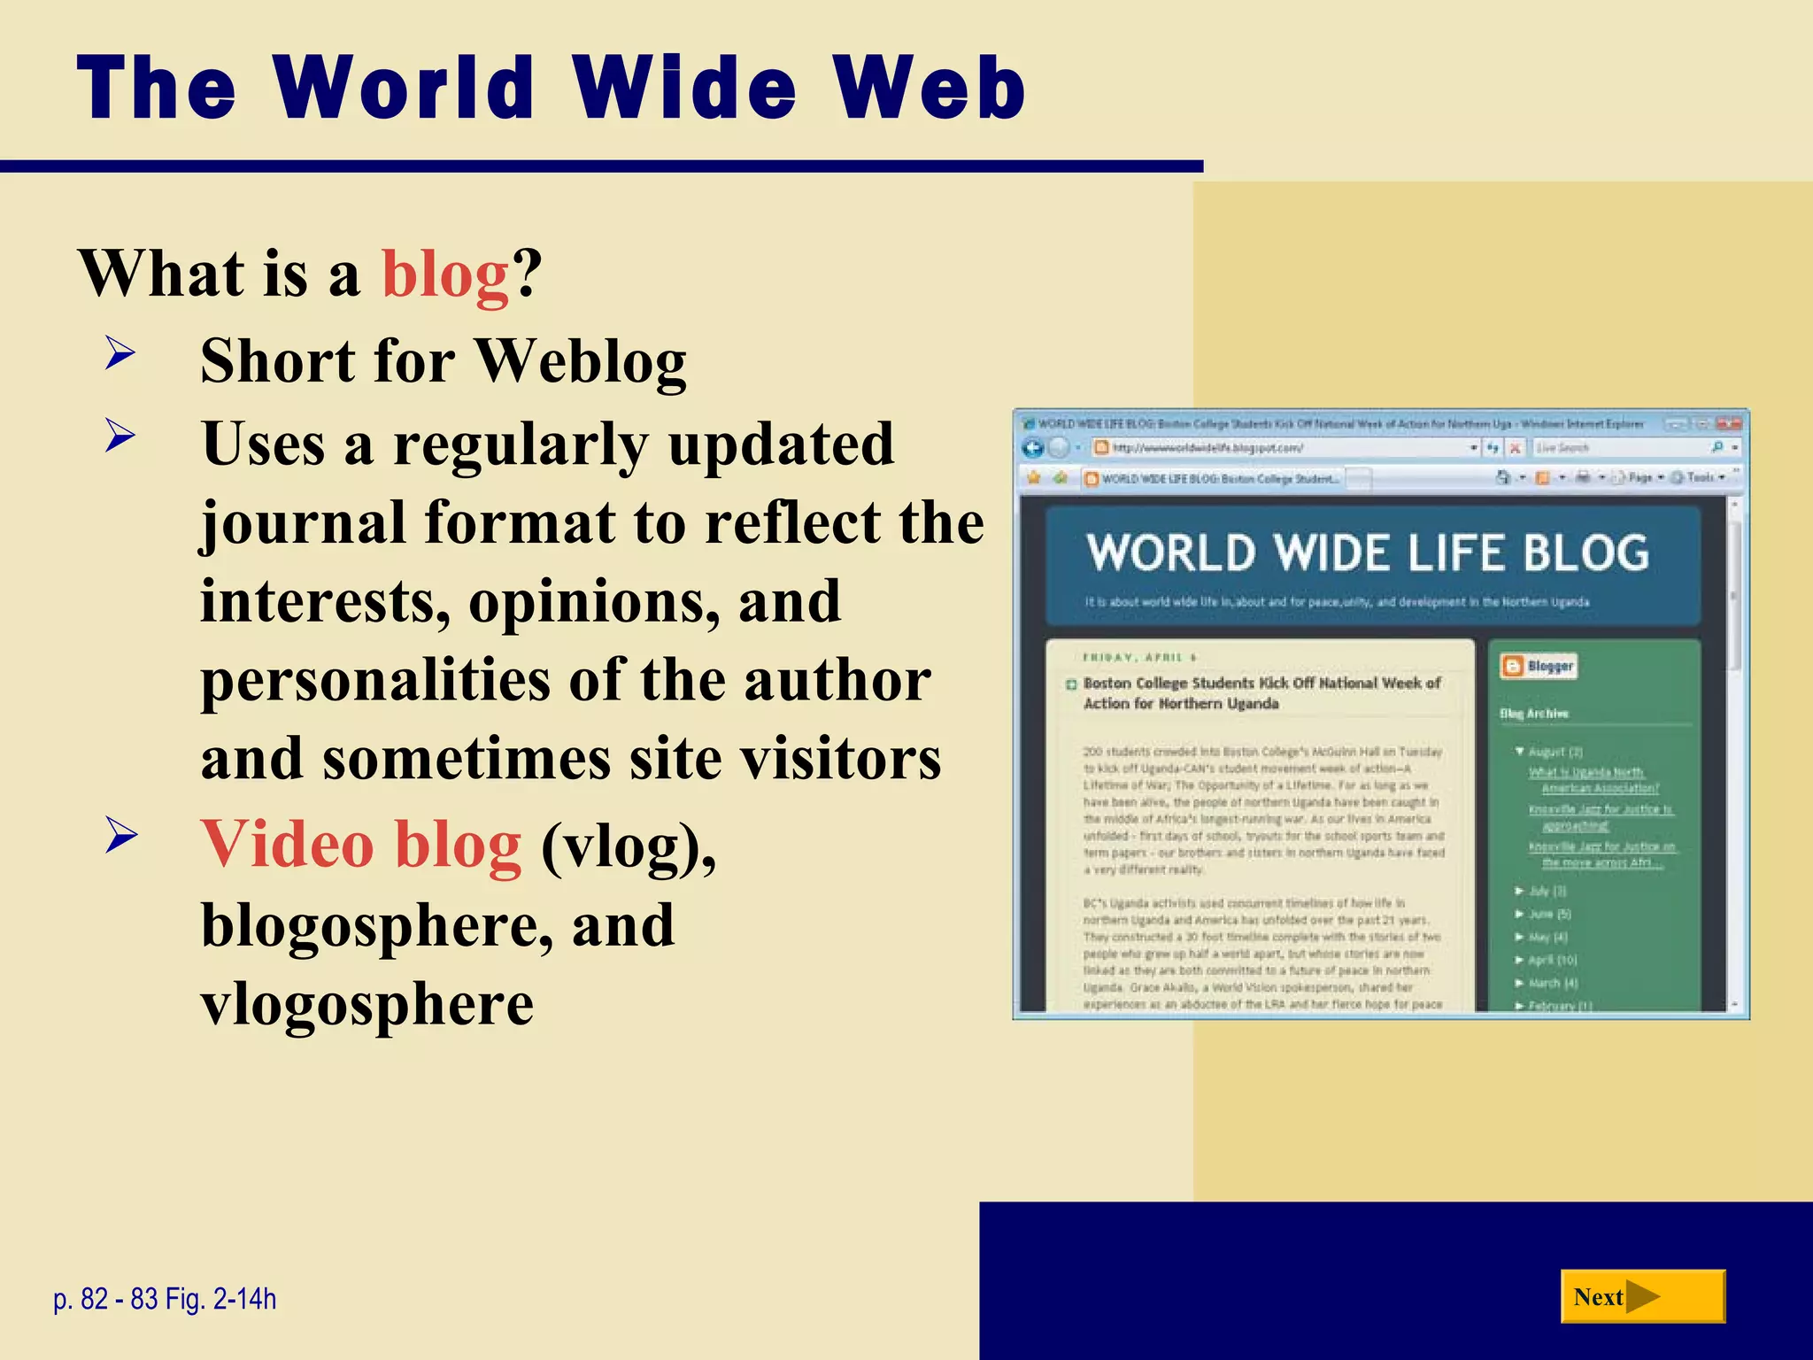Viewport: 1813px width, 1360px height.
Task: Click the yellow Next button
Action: click(x=1642, y=1296)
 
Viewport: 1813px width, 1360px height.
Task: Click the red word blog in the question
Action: click(x=445, y=274)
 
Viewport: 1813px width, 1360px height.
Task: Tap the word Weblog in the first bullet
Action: click(x=581, y=361)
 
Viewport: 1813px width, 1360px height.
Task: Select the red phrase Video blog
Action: click(x=361, y=845)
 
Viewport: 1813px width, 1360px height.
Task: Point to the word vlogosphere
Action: click(x=367, y=1004)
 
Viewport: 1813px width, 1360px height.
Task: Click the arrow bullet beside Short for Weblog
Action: click(x=120, y=354)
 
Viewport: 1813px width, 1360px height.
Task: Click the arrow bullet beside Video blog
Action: click(x=120, y=836)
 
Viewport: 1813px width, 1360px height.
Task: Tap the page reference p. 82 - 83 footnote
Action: click(x=165, y=1299)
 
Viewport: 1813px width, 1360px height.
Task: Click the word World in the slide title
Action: click(x=404, y=89)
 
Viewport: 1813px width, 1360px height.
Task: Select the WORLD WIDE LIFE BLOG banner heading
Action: click(x=1368, y=553)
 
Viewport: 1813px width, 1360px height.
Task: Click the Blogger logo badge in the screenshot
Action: click(x=1538, y=666)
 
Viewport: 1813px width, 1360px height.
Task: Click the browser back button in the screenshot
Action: click(x=1032, y=448)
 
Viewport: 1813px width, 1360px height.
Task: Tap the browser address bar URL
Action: click(x=1208, y=448)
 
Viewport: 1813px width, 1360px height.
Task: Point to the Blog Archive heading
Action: click(x=1533, y=713)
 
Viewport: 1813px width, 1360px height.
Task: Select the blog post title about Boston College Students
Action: click(x=1261, y=692)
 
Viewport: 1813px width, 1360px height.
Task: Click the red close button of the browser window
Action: click(x=1729, y=424)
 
